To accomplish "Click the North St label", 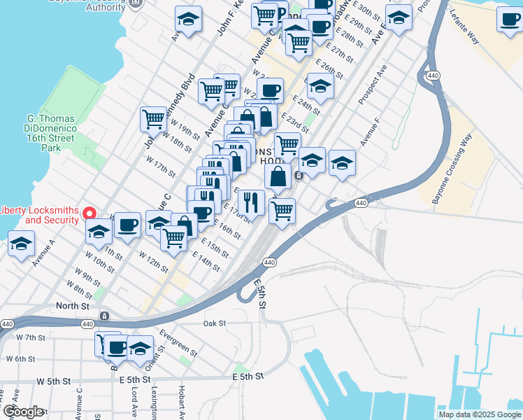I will pyautogui.click(x=73, y=306).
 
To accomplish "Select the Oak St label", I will pyautogui.click(x=214, y=323).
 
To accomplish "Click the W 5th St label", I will pyautogui.click(x=54, y=381).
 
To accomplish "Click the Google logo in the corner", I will pyautogui.click(x=23, y=412).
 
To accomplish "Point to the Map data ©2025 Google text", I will pyautogui.click(x=480, y=414).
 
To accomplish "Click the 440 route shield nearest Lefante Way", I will pyautogui.click(x=433, y=75).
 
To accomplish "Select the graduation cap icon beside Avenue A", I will pyautogui.click(x=22, y=245).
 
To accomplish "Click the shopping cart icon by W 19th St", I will pyautogui.click(x=153, y=118).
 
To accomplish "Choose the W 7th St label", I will pyautogui.click(x=30, y=337).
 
